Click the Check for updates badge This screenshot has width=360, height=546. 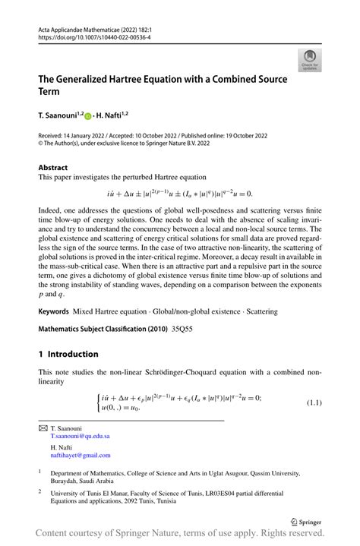tap(311, 61)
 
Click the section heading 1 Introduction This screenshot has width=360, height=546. tap(68, 354)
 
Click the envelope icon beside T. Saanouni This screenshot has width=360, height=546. tap(43, 428)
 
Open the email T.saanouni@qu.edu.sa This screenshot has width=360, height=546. tap(80, 437)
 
